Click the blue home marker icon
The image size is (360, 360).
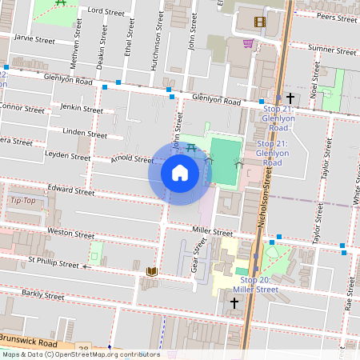(x=179, y=172)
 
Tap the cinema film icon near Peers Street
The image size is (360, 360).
(x=258, y=22)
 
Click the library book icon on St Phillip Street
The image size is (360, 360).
(x=151, y=273)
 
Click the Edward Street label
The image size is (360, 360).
(x=71, y=190)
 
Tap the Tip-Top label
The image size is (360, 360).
(x=23, y=200)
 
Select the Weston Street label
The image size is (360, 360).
(x=71, y=233)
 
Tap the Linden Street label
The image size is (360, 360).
(x=84, y=134)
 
